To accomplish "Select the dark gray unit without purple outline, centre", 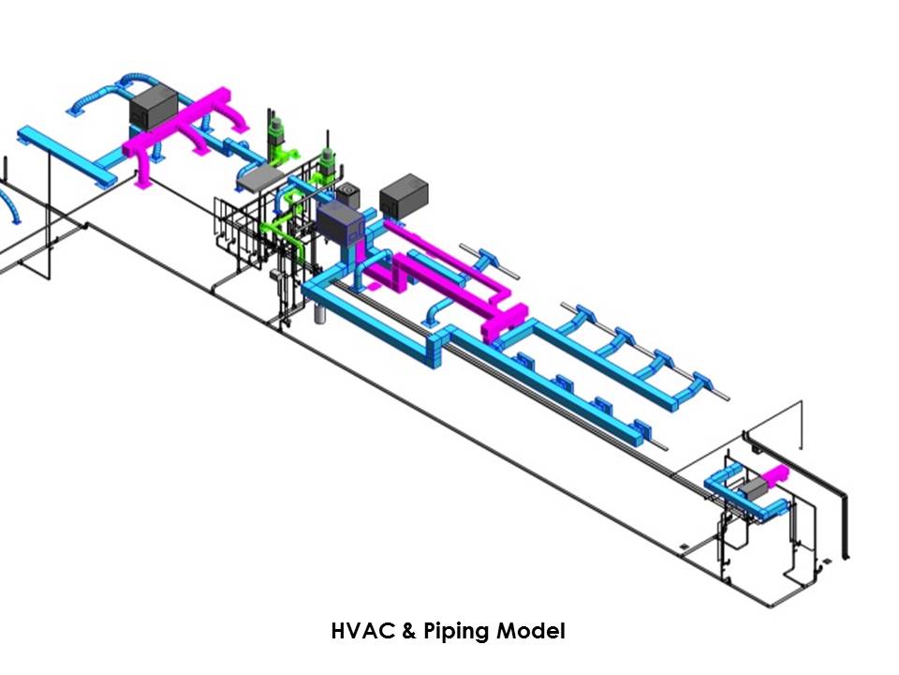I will coord(404,196).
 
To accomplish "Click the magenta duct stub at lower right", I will coord(776,475).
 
